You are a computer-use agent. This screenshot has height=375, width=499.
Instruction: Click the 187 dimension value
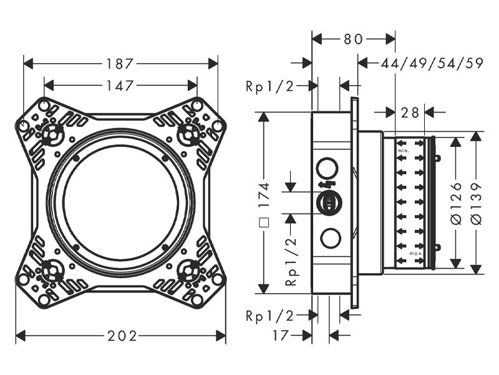tap(119, 64)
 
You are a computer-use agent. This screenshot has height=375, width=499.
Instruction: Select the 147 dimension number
tap(119, 86)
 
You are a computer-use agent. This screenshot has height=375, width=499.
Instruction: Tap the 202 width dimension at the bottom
tap(122, 336)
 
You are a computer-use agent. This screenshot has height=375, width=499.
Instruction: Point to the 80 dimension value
tap(353, 39)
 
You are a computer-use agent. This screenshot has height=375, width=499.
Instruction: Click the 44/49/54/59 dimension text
tap(432, 63)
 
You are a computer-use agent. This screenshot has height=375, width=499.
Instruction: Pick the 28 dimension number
tap(410, 112)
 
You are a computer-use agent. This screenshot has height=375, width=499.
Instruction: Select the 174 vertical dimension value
tap(264, 195)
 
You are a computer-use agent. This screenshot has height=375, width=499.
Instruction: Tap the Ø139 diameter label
tap(476, 204)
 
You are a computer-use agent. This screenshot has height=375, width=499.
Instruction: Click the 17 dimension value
tap(281, 336)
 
